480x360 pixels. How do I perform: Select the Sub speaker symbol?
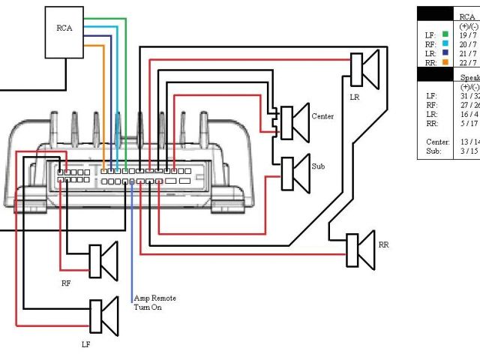pyautogui.click(x=293, y=172)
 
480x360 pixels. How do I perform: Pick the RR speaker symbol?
pyautogui.click(x=359, y=249)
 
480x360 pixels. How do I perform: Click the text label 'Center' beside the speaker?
pyautogui.click(x=322, y=116)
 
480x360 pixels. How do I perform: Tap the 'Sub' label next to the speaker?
pyautogui.click(x=319, y=166)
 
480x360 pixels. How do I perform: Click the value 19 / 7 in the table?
pyautogui.click(x=469, y=34)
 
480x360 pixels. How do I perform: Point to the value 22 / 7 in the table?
pyautogui.click(x=469, y=62)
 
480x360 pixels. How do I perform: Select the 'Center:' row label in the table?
pyautogui.click(x=437, y=141)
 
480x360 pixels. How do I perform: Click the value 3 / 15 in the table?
pyautogui.click(x=469, y=151)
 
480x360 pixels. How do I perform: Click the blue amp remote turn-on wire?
pyautogui.click(x=133, y=240)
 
